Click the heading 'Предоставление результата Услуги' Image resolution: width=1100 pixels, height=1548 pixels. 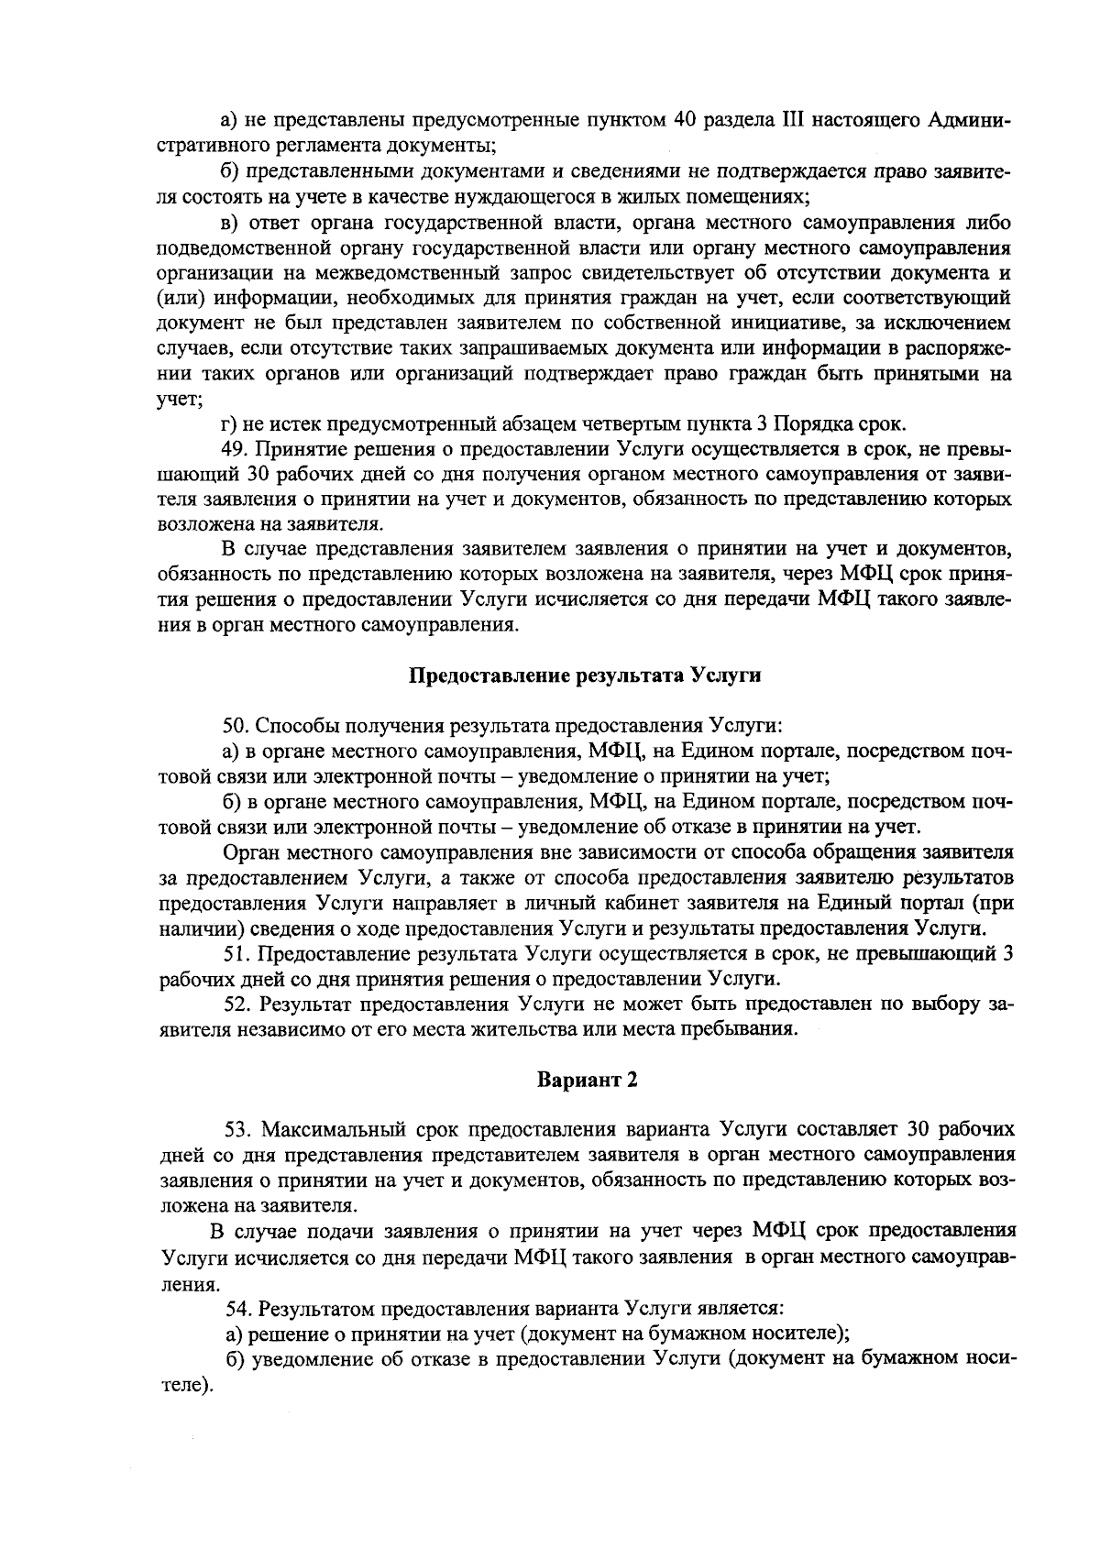coord(585,676)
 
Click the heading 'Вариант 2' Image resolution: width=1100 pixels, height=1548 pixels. coord(587,1079)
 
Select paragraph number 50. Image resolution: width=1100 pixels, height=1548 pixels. coord(236,726)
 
